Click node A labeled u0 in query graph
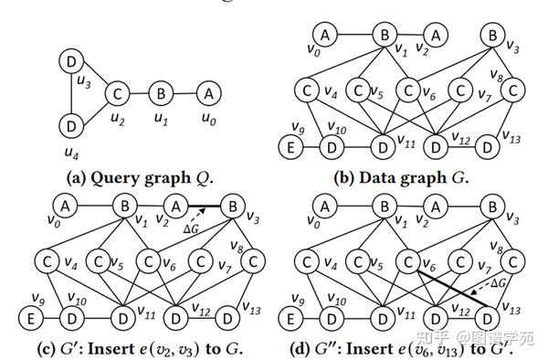pos(207,93)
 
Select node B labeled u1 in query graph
pos(160,93)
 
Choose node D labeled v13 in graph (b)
pos(490,143)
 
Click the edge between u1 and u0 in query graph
pos(184,93)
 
